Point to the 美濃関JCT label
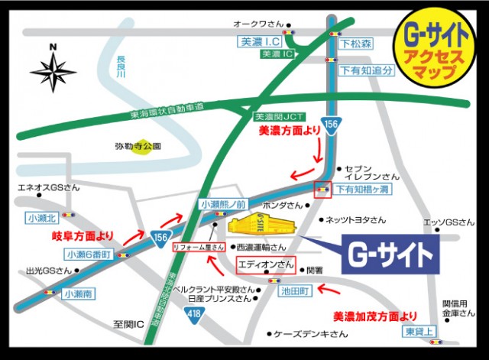click(x=279, y=117)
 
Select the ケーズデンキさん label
click(x=301, y=334)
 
